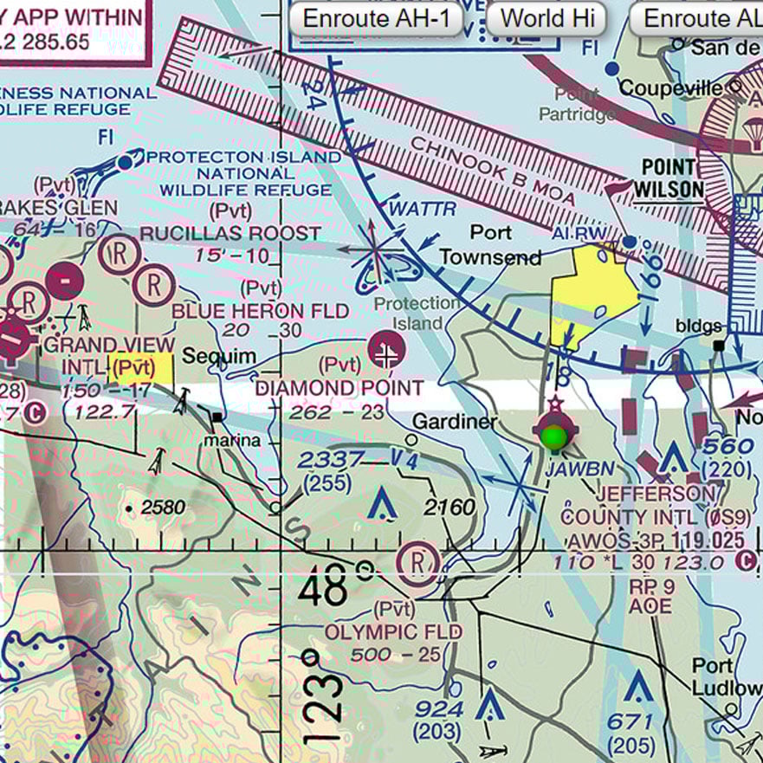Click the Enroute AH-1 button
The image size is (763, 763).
[375, 18]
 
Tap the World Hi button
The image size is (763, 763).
[546, 18]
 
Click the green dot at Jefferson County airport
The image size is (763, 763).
[553, 436]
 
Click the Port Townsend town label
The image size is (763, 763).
[491, 245]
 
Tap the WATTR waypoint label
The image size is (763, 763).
[422, 209]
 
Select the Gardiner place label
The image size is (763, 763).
[454, 422]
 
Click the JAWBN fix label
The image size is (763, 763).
[580, 469]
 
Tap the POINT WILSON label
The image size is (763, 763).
[667, 178]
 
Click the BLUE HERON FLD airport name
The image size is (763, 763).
[260, 311]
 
